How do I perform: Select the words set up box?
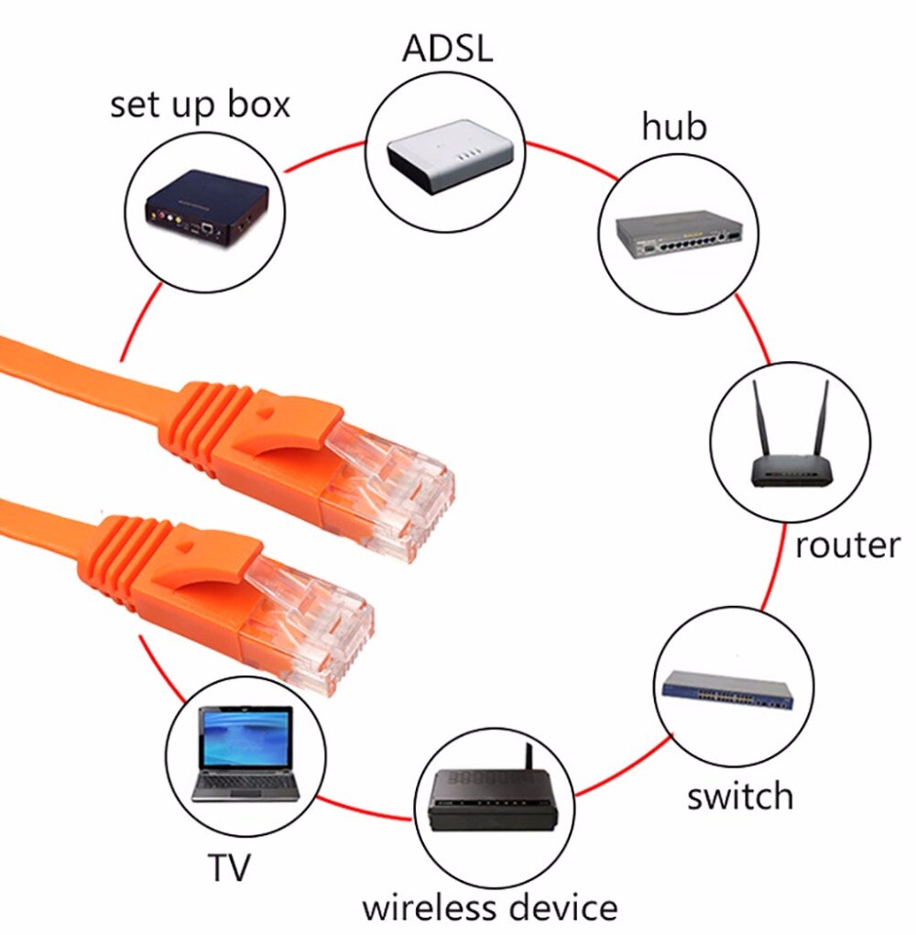(x=200, y=104)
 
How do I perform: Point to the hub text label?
(x=673, y=126)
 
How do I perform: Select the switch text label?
(x=740, y=796)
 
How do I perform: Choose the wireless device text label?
(x=489, y=907)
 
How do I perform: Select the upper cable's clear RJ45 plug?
(x=394, y=486)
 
